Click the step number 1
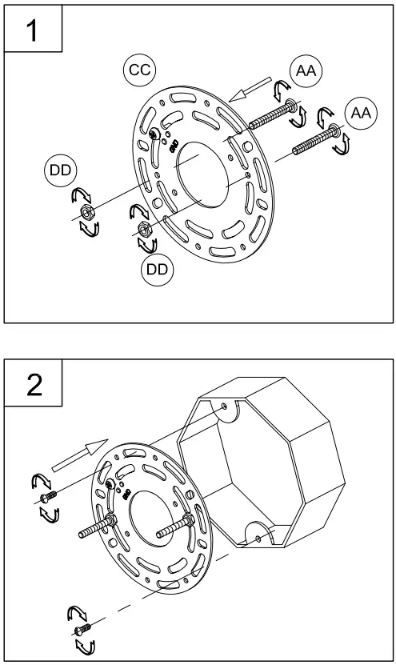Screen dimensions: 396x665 32,30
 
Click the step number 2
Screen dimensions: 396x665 34,385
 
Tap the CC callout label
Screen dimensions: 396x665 140,70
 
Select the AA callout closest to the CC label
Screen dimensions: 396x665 306,71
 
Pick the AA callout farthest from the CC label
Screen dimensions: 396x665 361,113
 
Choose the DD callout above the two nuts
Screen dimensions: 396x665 60,170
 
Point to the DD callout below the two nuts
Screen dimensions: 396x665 158,270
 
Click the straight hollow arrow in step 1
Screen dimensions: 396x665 250,89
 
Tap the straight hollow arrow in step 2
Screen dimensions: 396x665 80,455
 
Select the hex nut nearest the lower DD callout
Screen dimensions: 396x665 143,229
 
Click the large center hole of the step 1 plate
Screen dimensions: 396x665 202,174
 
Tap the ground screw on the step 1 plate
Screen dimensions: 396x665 154,134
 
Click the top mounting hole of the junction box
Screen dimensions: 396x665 224,407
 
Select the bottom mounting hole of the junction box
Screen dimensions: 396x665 258,538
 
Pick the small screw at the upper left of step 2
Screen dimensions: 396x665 47,497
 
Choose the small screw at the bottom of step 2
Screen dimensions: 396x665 82,629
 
